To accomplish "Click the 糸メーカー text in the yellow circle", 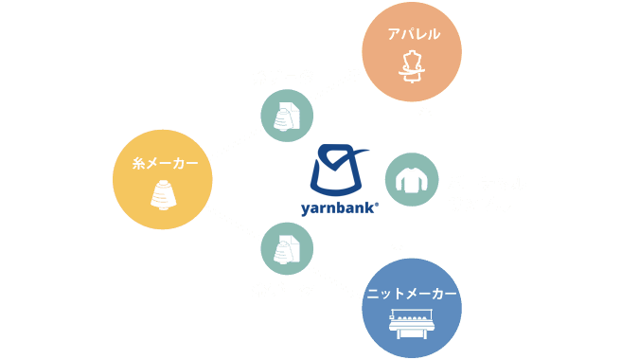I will coord(162,164).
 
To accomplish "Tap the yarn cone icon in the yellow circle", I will coord(163,195).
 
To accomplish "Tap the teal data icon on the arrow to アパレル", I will coord(287,116).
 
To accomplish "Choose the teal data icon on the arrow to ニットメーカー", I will coord(287,248).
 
